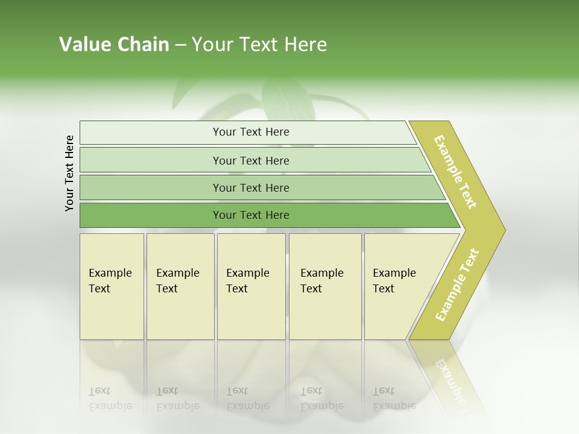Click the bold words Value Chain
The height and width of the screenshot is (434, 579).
click(114, 45)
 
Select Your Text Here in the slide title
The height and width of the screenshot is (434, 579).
click(259, 45)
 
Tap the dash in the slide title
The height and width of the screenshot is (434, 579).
click(180, 45)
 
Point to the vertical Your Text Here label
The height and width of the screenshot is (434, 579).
click(69, 173)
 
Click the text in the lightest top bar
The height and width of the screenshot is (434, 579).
click(251, 132)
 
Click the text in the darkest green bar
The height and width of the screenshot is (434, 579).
click(251, 215)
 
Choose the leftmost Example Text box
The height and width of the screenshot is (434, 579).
click(112, 286)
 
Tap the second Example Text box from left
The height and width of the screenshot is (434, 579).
click(180, 286)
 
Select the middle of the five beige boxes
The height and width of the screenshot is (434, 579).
click(251, 286)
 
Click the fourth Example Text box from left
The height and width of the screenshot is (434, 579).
click(325, 286)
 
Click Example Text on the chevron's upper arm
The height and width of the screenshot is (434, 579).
click(455, 172)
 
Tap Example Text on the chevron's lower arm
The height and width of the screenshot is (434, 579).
click(457, 285)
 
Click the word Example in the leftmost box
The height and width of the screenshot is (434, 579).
click(110, 273)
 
